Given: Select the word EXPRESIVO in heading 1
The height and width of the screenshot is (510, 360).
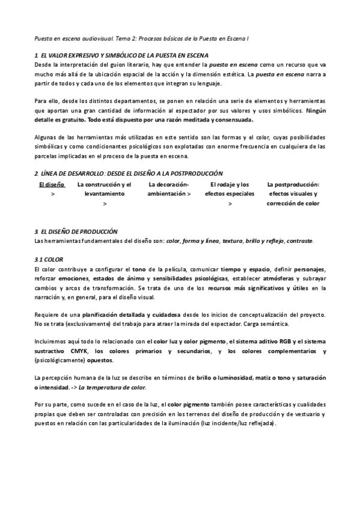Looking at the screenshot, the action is pyautogui.click(x=72, y=55).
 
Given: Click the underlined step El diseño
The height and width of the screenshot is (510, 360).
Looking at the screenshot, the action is pyautogui.click(x=51, y=185).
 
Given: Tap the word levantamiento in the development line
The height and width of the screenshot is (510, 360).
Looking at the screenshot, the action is pyautogui.click(x=105, y=194).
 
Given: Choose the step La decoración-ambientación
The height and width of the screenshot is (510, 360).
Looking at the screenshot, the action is pyautogui.click(x=169, y=189).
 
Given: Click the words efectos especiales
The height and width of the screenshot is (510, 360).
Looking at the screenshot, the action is pyautogui.click(x=230, y=194).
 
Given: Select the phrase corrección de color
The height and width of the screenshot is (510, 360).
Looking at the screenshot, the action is pyautogui.click(x=293, y=204).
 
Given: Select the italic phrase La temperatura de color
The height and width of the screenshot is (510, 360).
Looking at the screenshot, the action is pyautogui.click(x=113, y=388).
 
